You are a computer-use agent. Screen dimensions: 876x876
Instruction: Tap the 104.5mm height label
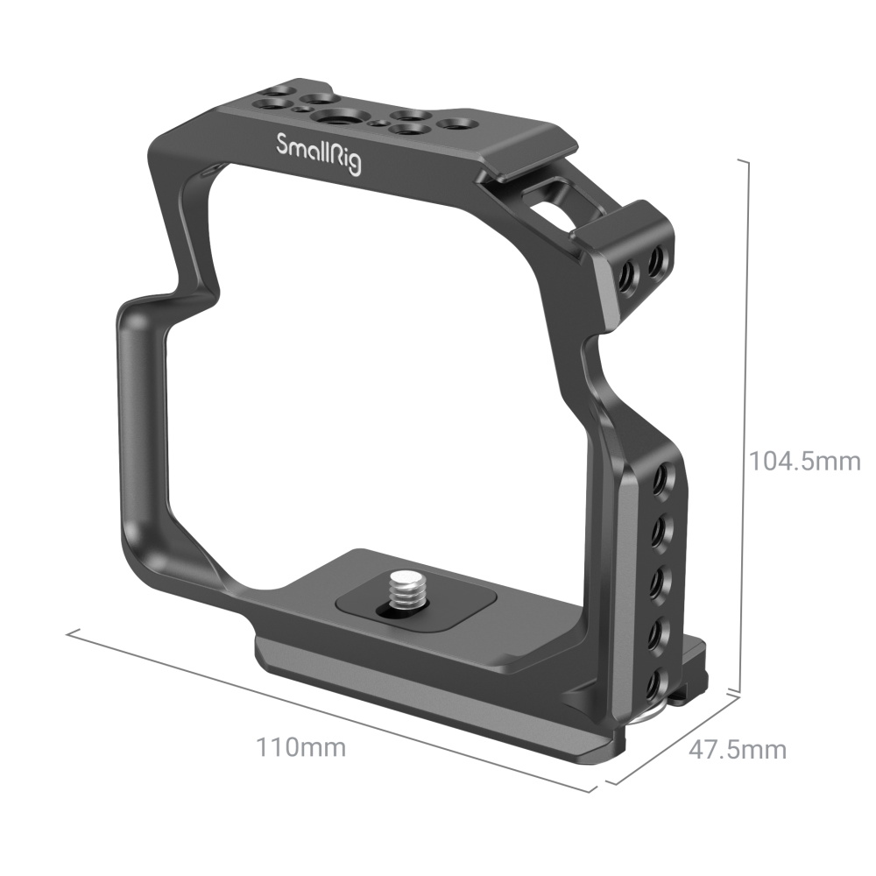coord(803,459)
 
